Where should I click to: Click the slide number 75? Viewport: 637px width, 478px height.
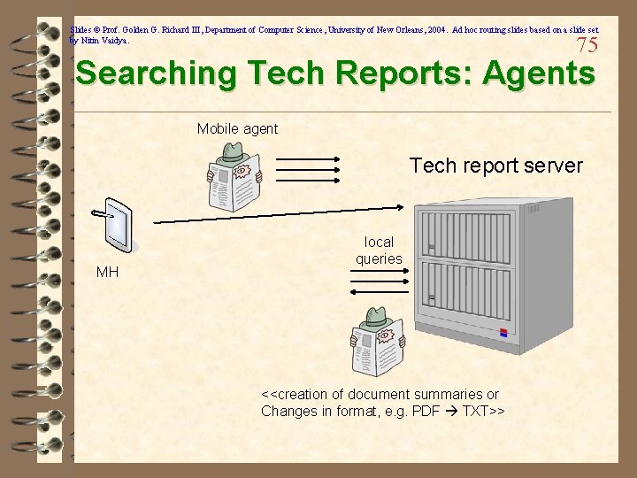click(587, 45)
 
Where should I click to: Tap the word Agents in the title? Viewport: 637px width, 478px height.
click(539, 73)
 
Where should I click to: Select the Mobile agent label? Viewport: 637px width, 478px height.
click(237, 129)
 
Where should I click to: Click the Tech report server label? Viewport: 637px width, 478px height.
click(496, 166)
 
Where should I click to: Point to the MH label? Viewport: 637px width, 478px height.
click(107, 272)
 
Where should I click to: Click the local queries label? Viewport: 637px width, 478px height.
click(379, 251)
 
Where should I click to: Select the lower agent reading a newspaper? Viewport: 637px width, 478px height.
click(377, 344)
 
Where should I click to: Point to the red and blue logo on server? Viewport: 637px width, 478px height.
click(504, 334)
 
